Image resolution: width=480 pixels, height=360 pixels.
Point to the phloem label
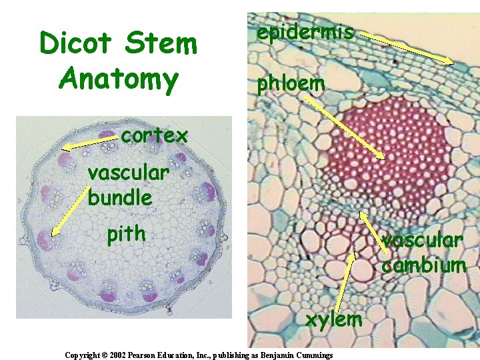[287, 83]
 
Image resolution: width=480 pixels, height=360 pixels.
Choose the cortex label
[155, 135]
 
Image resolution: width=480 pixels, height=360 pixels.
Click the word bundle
[120, 197]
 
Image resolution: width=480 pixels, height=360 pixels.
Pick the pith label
[126, 234]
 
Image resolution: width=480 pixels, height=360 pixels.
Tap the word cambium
[423, 265]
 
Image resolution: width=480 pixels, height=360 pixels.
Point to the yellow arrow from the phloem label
[343, 127]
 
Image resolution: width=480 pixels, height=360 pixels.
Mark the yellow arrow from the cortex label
[90, 142]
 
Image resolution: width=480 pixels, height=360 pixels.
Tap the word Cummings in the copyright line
[311, 355]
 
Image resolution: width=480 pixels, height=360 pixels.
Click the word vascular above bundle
[128, 173]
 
